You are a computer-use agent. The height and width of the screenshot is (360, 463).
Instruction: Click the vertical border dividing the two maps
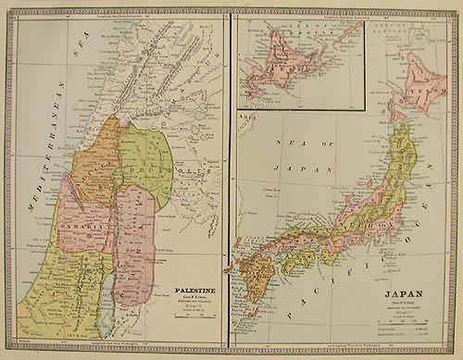(231, 185)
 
